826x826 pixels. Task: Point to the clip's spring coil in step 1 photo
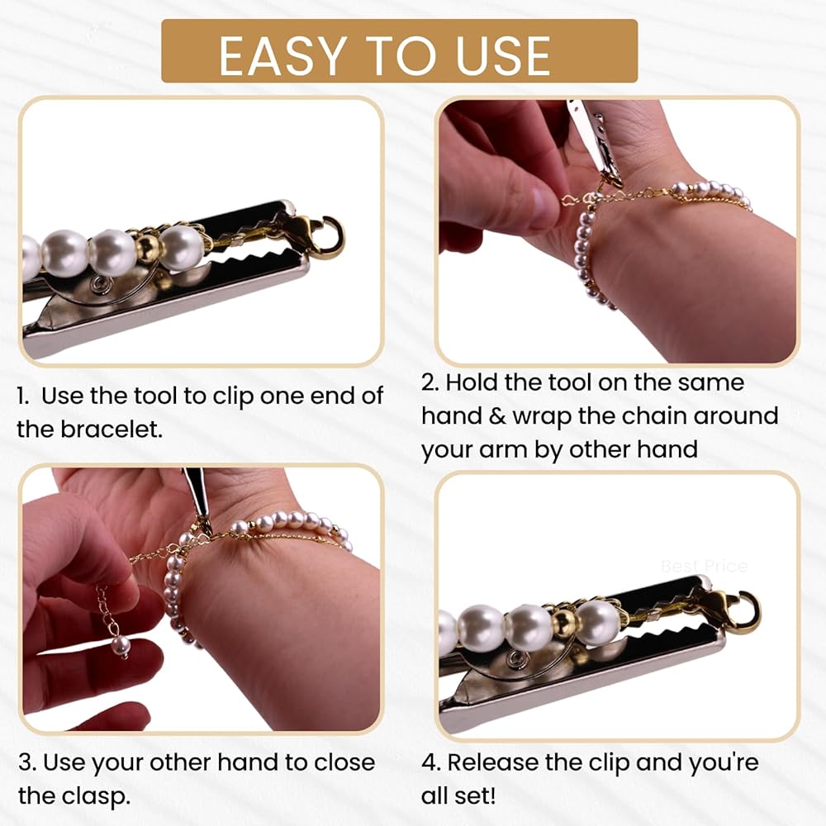(99, 285)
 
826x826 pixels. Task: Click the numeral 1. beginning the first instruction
(22, 396)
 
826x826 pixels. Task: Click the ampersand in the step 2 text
(498, 416)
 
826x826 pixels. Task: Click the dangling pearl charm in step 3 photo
(120, 645)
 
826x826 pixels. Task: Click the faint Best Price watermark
(704, 567)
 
